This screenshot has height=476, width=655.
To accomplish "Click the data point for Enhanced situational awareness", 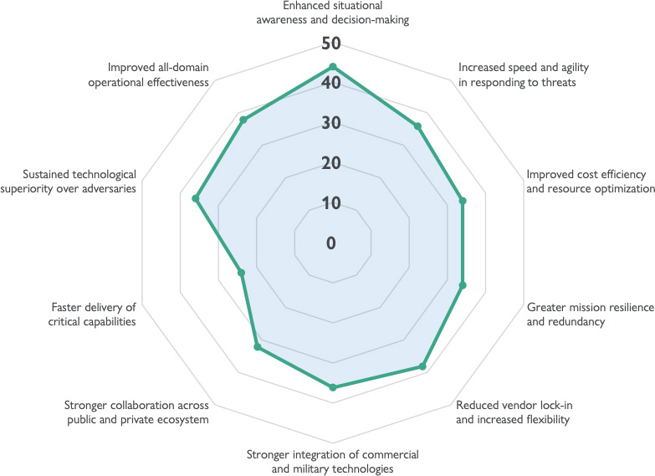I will click(333, 67).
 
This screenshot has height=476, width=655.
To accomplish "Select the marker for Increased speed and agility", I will click(417, 126).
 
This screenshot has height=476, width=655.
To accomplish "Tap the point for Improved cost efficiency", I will click(462, 201).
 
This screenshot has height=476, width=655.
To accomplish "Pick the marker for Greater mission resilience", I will click(462, 286).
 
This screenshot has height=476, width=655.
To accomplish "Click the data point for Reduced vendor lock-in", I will click(422, 366).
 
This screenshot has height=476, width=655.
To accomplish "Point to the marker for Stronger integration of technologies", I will click(333, 387).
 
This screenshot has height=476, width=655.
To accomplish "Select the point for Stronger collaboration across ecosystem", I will click(258, 346).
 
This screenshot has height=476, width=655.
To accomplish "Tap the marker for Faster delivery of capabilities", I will click(242, 273).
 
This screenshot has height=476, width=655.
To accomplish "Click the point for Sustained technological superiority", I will click(196, 198).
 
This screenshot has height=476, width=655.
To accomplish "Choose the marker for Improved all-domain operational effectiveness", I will click(243, 120).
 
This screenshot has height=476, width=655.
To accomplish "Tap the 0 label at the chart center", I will click(331, 243).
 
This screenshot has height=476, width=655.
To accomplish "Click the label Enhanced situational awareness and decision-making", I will click(333, 13).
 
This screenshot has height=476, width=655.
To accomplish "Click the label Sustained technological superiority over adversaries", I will click(79, 181).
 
